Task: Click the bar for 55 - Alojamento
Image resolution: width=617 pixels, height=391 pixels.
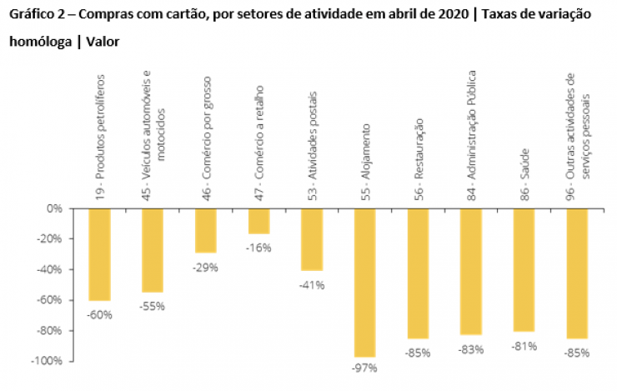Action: pyautogui.click(x=365, y=283)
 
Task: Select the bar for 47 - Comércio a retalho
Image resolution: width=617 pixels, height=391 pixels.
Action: pyautogui.click(x=258, y=221)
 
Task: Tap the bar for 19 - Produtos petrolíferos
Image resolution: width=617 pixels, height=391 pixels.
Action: pyautogui.click(x=99, y=254)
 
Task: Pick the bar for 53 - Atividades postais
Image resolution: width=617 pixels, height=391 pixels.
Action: pyautogui.click(x=312, y=240)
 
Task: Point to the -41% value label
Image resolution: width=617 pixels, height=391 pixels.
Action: pyautogui.click(x=312, y=285)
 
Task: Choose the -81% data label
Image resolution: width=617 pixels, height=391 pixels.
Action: pyautogui.click(x=524, y=346)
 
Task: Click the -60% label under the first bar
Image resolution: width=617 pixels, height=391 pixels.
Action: pyautogui.click(x=100, y=314)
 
